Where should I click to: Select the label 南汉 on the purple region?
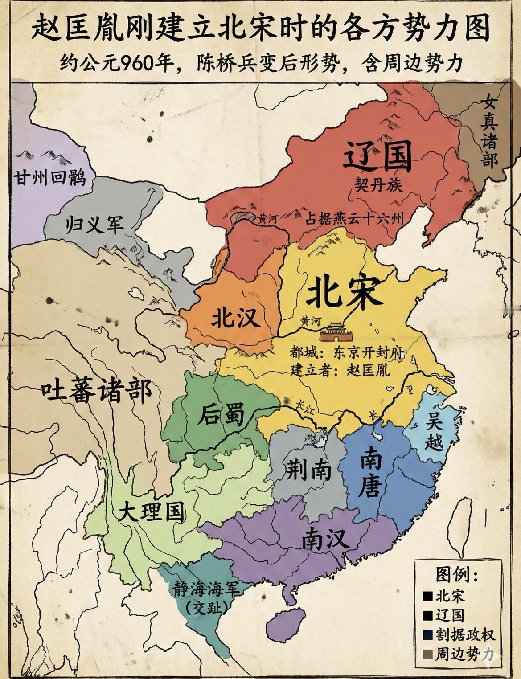325,540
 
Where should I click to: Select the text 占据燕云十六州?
354,218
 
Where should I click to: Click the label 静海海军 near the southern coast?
207,589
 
